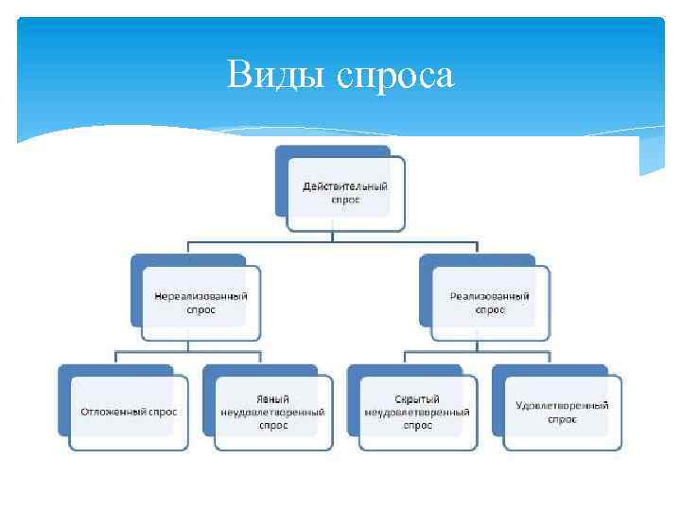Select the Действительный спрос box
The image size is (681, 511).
(344, 193)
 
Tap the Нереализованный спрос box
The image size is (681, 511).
(201, 302)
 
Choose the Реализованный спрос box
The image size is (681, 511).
(490, 302)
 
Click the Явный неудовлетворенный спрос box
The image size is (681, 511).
(272, 412)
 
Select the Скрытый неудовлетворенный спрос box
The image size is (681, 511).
(417, 412)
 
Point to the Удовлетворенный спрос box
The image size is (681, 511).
(562, 412)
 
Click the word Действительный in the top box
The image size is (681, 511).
(344, 186)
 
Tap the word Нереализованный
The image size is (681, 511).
(201, 296)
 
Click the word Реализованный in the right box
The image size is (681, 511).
(490, 296)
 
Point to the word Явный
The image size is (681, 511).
(272, 399)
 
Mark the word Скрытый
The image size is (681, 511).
(417, 399)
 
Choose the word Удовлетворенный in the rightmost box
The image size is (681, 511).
(562, 406)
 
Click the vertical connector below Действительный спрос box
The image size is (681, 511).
(333, 237)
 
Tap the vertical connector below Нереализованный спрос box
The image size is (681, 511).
(188, 345)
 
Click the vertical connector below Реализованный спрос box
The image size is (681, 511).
(478, 345)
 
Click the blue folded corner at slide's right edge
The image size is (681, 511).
(652, 155)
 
